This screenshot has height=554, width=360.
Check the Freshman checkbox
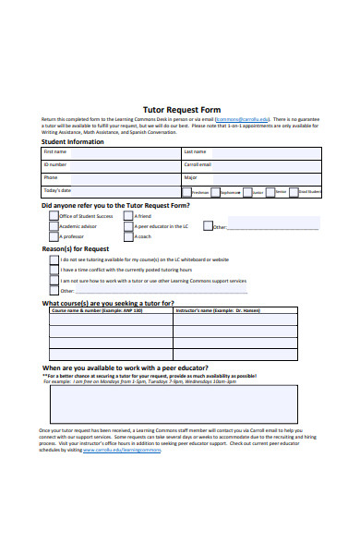(x=186, y=192)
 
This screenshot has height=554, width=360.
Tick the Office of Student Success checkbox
(x=54, y=216)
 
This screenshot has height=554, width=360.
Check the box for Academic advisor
(x=54, y=226)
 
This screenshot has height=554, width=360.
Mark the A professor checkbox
(x=54, y=237)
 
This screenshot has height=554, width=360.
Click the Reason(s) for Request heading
(x=76, y=249)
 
